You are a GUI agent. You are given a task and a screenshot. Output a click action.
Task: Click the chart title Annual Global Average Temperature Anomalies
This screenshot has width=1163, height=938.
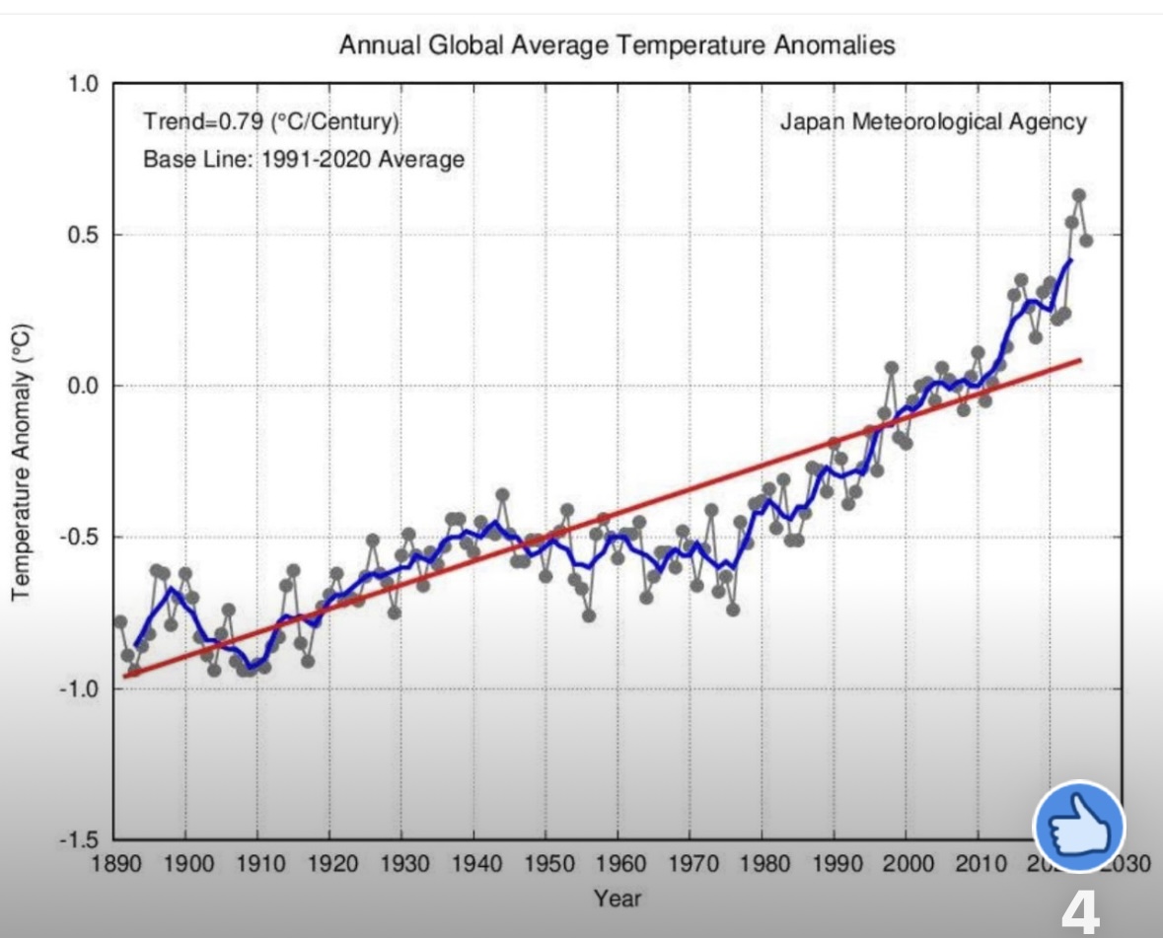617,45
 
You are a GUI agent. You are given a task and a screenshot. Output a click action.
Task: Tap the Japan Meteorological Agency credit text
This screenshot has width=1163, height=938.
933,122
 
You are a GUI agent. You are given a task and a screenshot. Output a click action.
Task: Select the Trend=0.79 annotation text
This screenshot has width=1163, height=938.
270,123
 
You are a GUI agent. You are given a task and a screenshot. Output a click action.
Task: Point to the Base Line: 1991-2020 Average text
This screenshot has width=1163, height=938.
304,159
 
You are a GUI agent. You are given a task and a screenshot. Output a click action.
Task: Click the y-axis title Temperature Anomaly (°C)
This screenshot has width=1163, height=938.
21,460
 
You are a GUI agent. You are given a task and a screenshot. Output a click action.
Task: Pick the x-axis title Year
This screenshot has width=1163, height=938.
617,898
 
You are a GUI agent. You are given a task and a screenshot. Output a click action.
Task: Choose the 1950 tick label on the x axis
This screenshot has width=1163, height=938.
545,866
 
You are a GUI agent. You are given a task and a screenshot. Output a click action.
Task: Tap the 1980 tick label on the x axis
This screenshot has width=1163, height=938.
762,866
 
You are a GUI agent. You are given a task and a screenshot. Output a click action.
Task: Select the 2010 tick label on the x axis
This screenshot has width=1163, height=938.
978,866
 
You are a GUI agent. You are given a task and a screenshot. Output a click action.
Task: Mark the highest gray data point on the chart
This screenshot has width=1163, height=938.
1078,195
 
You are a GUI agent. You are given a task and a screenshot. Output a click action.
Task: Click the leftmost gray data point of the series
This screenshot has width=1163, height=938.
120,621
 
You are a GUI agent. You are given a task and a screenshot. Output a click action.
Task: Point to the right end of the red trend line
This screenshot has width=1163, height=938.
1081,360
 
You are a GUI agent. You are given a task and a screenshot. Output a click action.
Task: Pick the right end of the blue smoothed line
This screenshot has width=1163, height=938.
1071,260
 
